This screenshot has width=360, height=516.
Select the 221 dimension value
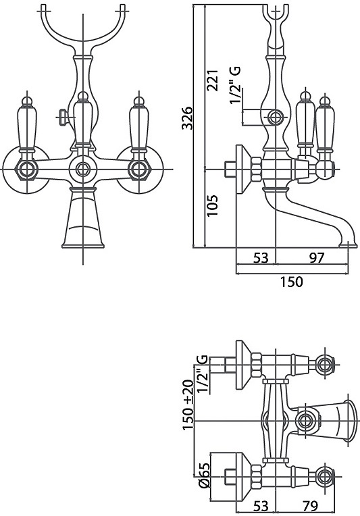coord(212,80)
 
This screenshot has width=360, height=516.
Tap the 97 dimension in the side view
coord(317,258)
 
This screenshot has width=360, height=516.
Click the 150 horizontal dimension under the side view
coord(291,282)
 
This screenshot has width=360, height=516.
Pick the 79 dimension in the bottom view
coord(310,505)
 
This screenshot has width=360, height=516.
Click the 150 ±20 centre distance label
coord(188,405)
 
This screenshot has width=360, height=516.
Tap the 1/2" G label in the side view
coord(235,85)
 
